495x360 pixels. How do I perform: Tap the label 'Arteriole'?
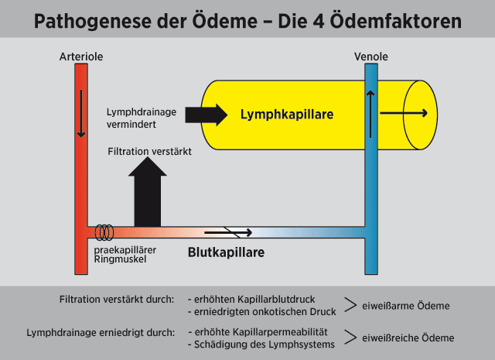coord(80,57)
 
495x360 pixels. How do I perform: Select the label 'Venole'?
coord(370,57)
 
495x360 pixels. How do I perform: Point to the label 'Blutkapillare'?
coord(227,253)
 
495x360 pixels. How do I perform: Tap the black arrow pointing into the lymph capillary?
coord(206,115)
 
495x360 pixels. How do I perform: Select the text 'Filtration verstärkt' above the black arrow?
coord(148,152)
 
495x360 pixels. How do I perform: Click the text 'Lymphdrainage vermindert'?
coord(141,118)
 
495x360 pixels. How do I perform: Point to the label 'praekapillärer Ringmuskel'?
coord(121,253)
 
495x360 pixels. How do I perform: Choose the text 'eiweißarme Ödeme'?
coord(406,305)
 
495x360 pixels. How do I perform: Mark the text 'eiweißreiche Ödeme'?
coord(409,338)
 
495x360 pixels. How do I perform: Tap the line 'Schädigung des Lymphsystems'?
coord(262,343)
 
